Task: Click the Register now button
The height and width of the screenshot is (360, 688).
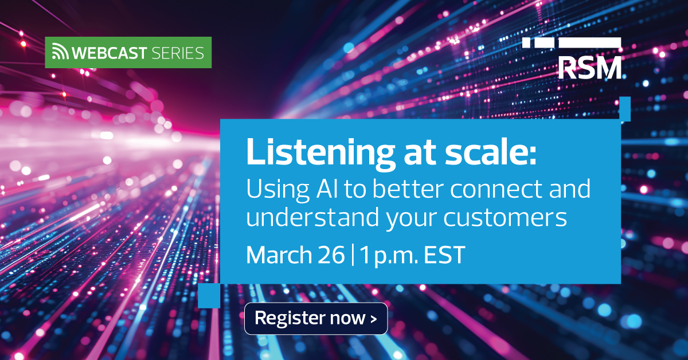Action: point(316,318)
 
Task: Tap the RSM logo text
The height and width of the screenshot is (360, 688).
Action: point(589,68)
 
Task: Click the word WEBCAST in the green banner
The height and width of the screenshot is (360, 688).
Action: point(110,53)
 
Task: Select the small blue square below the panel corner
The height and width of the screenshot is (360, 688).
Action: point(209,296)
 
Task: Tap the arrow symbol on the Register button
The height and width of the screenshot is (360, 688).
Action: point(374,319)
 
